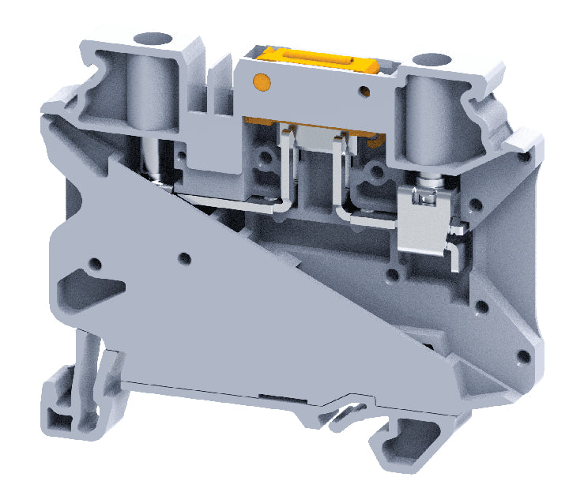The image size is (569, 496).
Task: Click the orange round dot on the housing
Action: pyautogui.click(x=260, y=81)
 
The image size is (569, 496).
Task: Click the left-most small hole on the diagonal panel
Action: pyautogui.click(x=96, y=262)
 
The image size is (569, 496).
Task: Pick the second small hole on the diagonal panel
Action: pyautogui.click(x=185, y=257)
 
